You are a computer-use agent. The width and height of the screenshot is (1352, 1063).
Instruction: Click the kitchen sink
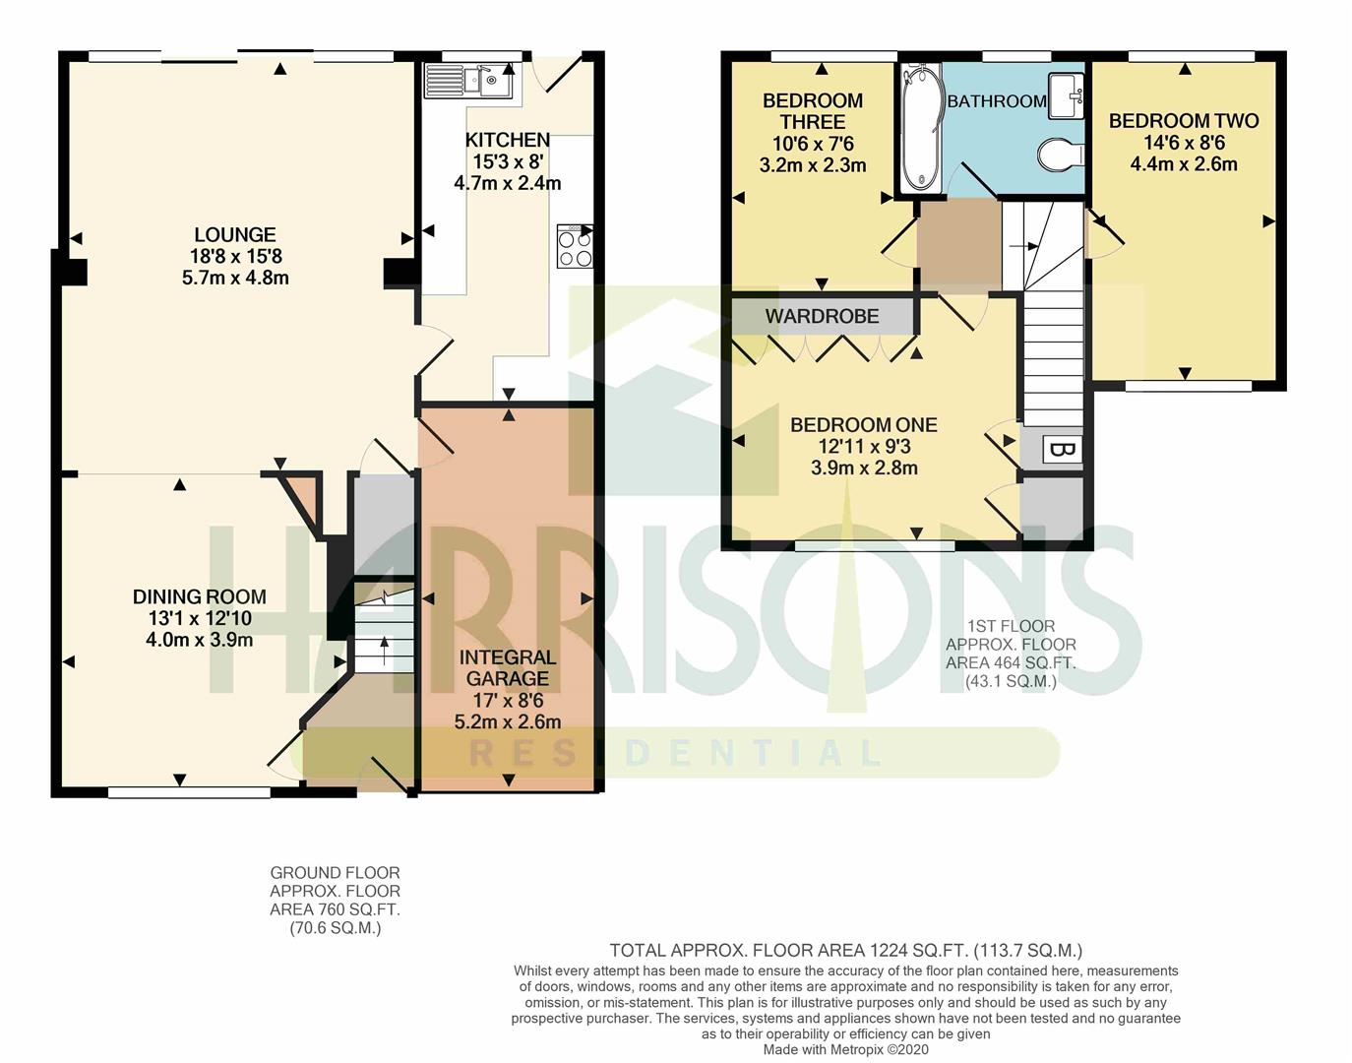[x=468, y=81]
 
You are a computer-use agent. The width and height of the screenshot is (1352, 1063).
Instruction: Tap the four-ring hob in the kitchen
[x=575, y=246]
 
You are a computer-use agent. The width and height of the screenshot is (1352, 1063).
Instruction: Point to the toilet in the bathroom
[x=1061, y=154]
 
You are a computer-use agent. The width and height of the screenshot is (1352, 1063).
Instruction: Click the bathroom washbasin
[x=1067, y=95]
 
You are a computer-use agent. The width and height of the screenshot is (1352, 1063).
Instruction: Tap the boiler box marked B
[x=1062, y=450]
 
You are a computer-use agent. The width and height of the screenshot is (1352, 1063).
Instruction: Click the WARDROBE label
[x=822, y=316]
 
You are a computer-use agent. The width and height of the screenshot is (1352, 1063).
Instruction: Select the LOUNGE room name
[x=235, y=234]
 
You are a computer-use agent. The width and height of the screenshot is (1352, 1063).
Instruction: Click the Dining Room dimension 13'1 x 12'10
[x=199, y=618]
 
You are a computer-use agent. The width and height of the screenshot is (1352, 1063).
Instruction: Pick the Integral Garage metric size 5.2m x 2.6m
[x=508, y=721]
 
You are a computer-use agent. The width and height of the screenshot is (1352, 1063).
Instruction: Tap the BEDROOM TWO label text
[x=1184, y=121]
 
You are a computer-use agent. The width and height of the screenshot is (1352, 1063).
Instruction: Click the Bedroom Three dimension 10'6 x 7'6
[x=813, y=144]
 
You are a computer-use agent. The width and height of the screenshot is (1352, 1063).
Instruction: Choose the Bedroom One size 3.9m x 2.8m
[x=864, y=468]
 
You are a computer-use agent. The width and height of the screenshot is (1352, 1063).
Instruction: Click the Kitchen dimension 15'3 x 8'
[x=508, y=161]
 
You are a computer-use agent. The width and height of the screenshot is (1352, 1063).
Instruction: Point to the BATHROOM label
[x=997, y=101]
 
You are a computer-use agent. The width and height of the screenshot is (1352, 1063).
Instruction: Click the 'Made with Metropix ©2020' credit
[x=845, y=1050]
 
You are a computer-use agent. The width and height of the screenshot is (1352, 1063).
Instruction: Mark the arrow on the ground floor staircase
[x=384, y=650]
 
